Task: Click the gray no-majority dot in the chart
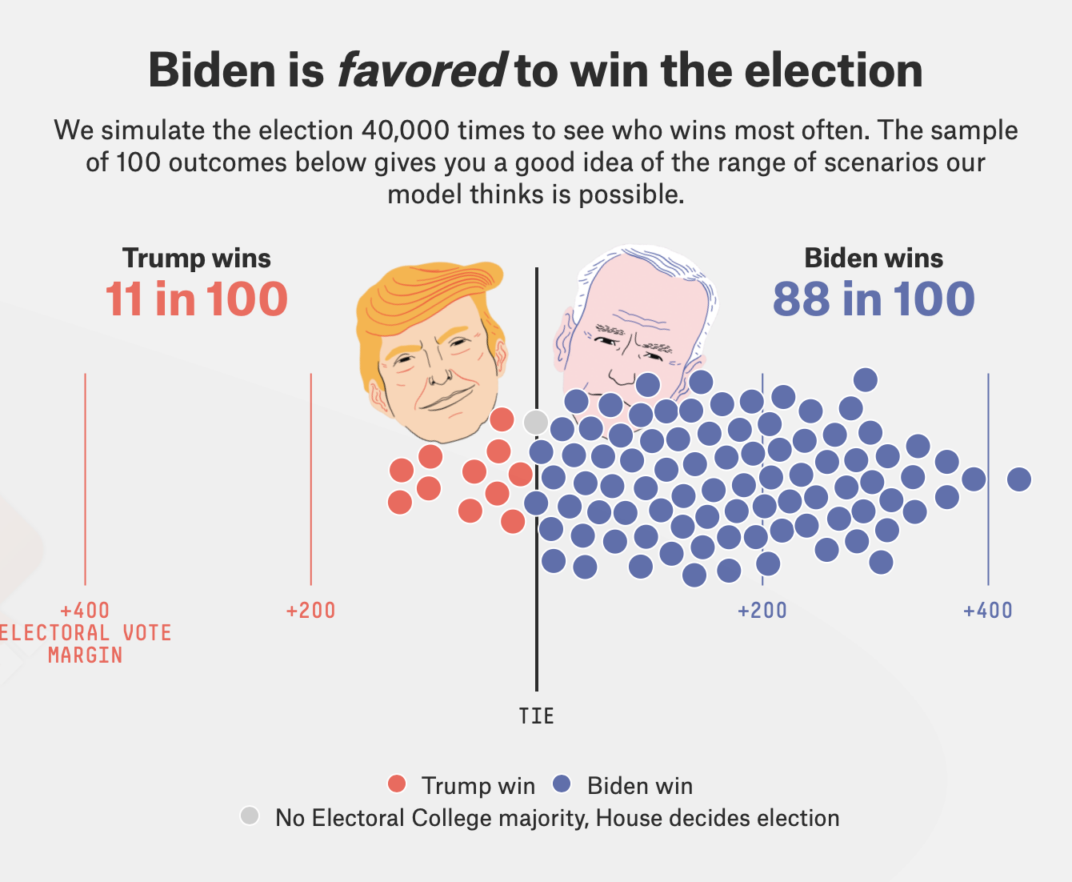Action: [x=536, y=421]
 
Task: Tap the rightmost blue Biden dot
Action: [x=1018, y=479]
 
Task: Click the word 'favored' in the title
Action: [x=421, y=70]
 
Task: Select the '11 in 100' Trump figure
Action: [x=197, y=299]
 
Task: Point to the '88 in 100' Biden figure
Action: [x=874, y=299]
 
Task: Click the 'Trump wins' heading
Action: [x=197, y=259]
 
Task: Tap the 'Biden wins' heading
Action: [x=874, y=259]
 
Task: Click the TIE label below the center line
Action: [x=536, y=716]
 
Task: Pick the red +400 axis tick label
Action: [x=85, y=611]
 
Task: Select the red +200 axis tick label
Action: [x=310, y=611]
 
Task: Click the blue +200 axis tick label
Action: [x=762, y=611]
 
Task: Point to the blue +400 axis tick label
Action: [x=987, y=611]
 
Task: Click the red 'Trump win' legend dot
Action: [x=397, y=784]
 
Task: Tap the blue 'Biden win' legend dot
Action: [x=562, y=784]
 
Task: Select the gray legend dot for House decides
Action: [x=250, y=816]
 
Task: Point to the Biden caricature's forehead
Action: [x=632, y=292]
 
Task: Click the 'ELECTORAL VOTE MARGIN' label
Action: [x=85, y=644]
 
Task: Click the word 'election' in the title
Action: [x=834, y=70]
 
